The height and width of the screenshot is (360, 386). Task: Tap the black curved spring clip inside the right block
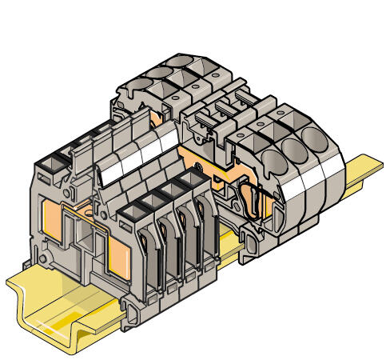pos(249,205)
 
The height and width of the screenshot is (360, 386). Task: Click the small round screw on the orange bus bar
pos(197,167)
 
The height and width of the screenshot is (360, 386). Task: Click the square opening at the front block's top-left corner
pos(49,164)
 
